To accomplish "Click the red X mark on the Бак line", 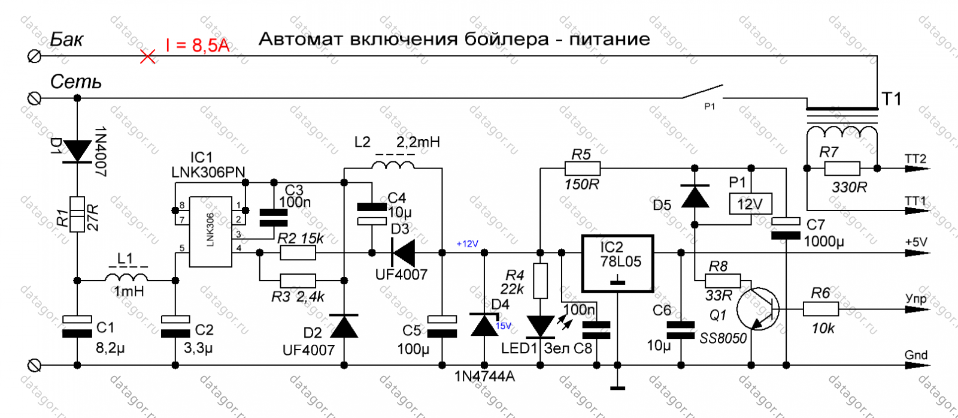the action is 147,56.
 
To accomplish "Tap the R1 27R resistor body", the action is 77,214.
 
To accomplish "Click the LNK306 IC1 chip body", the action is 210,231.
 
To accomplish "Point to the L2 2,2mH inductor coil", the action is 393,165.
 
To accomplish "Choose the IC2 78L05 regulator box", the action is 617,263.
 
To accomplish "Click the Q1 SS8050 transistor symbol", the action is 758,308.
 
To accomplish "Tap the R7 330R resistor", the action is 842,169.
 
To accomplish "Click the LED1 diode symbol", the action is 540,326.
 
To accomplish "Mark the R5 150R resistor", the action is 583,169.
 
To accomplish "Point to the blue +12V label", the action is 467,243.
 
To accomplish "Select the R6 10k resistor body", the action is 821,309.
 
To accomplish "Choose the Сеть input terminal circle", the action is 34,98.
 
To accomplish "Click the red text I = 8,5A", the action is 198,44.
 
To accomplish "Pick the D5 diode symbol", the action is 695,197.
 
